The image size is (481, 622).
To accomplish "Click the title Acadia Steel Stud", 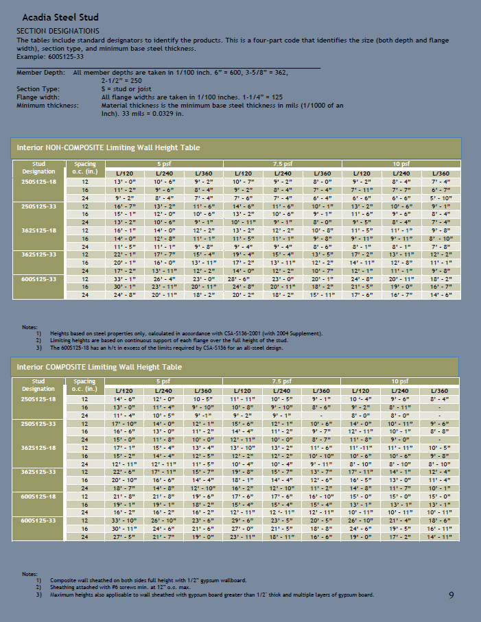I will pos(60,17).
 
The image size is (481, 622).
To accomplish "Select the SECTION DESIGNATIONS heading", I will pos(58,31).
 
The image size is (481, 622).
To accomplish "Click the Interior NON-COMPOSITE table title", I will pos(108,147).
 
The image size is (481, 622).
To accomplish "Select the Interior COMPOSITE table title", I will pos(99,367).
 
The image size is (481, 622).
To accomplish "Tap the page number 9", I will pos(451,595).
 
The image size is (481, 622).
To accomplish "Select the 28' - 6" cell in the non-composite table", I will pos(244,279).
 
